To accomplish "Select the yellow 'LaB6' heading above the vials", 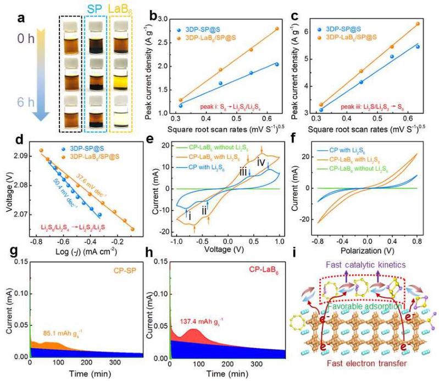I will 123,9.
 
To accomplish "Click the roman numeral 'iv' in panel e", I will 262,162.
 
